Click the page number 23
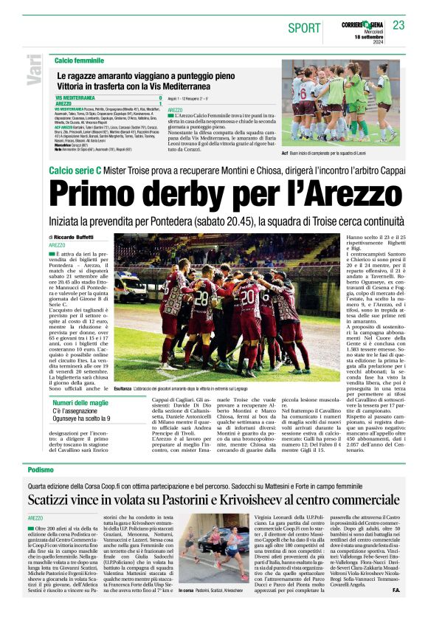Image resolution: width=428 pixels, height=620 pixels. [398, 25]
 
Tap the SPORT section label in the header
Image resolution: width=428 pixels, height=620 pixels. [305, 28]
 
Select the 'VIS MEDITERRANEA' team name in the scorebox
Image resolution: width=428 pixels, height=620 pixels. [77, 97]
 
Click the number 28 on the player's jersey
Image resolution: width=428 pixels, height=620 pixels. [201, 299]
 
